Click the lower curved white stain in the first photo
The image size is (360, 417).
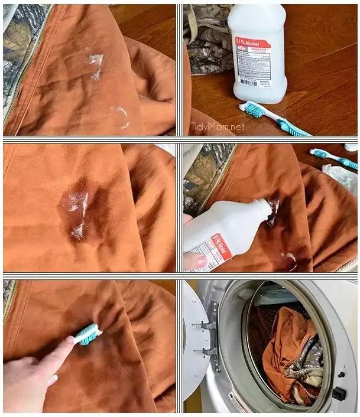click(122, 116)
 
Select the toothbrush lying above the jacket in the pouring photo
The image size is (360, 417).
click(331, 157)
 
